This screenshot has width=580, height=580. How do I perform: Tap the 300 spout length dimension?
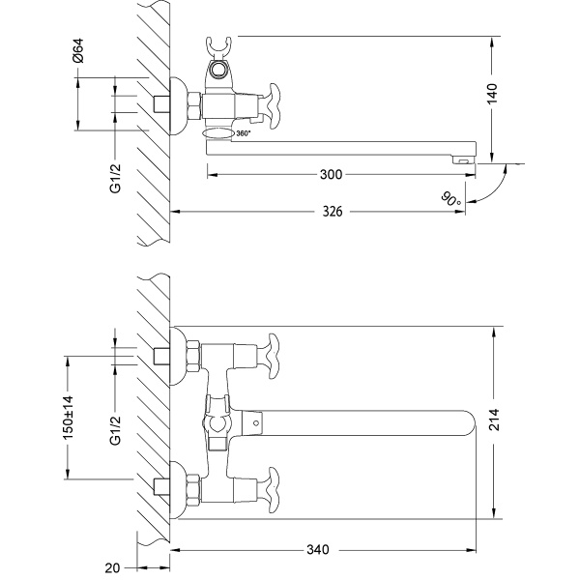(331, 175)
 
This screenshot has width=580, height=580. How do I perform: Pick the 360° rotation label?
(243, 133)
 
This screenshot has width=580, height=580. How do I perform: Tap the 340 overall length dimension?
(318, 550)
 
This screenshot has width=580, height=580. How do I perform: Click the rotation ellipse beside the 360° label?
(217, 133)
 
